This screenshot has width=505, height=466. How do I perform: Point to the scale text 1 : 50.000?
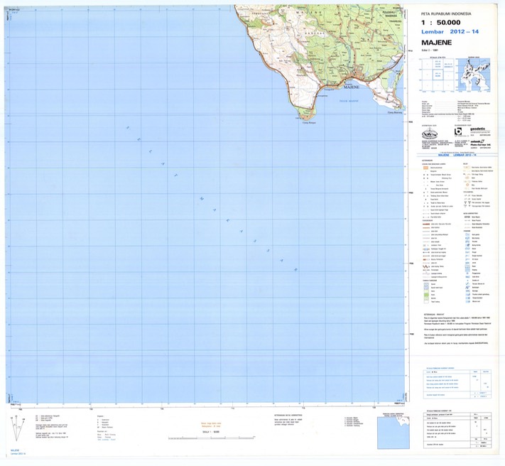(x=448, y=23)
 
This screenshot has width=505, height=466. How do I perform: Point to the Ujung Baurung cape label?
(x=394, y=112)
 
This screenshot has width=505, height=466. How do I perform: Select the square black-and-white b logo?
(x=458, y=131)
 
